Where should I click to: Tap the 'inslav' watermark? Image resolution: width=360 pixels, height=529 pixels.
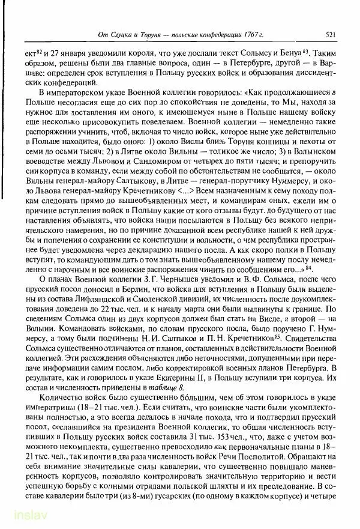(x=19, y=516)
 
